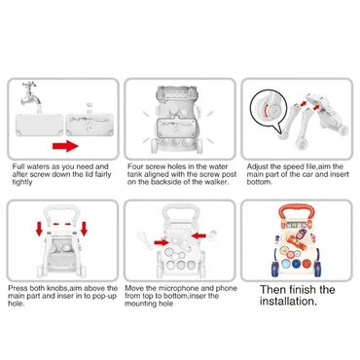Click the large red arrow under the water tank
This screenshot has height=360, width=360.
tap(65, 146)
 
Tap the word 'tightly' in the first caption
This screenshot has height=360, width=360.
tap(22, 182)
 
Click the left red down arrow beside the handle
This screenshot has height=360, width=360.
tap(39, 229)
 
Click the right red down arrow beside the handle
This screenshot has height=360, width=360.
tap(84, 229)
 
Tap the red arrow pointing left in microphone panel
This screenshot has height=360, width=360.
tap(198, 235)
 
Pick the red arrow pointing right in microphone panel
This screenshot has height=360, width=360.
tap(162, 242)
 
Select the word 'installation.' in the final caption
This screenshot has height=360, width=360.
tap(288, 302)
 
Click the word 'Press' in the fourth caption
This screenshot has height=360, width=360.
tap(18, 288)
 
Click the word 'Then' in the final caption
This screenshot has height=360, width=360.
tap(272, 289)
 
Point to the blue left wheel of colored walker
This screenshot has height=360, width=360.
tap(274, 269)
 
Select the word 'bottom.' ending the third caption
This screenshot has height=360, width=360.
tap(259, 182)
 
